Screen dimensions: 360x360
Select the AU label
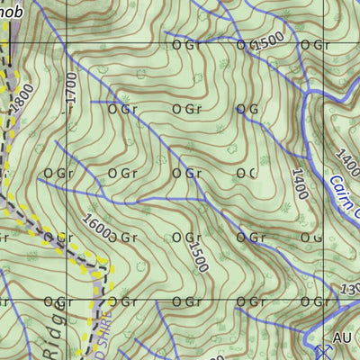tap(341, 337)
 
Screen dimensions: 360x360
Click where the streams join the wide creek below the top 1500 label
tap(307, 93)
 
